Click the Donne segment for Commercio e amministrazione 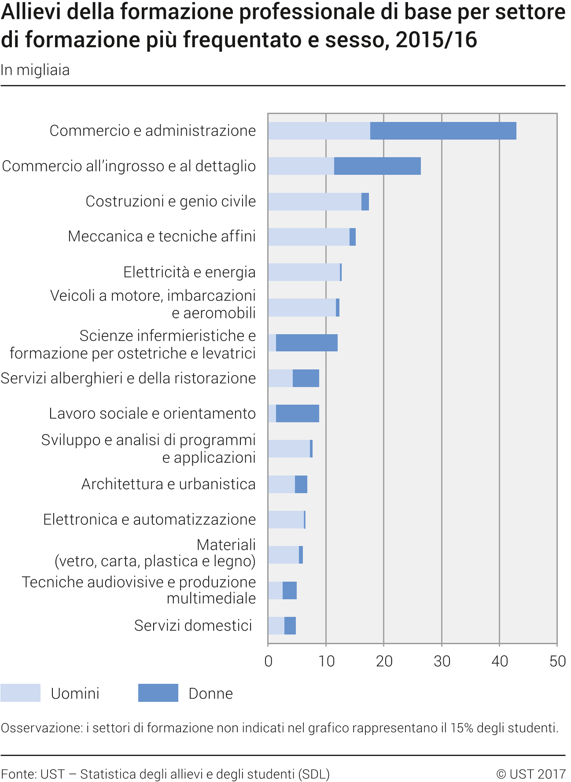pos(443,131)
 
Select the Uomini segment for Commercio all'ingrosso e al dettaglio pos(301,166)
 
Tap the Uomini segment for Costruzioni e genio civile pos(315,202)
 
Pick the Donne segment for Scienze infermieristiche pos(307,343)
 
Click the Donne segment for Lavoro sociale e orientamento pos(298,413)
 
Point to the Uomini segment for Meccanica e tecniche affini pos(309,237)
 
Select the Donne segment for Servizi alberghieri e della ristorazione pos(306,378)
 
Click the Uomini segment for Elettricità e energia pos(304,272)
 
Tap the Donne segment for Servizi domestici pos(290,626)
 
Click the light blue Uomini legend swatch pos(20,693)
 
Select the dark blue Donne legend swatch pos(158,693)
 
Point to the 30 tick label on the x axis pos(442,661)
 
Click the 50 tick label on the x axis pos(557,661)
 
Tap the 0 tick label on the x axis pos(268,661)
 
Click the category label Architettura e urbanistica pos(169,484)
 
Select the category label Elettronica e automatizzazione pos(149,520)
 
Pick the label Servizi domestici pos(193,625)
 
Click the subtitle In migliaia pos(35,70)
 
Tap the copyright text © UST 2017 pos(530,774)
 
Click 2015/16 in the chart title pos(436,40)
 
